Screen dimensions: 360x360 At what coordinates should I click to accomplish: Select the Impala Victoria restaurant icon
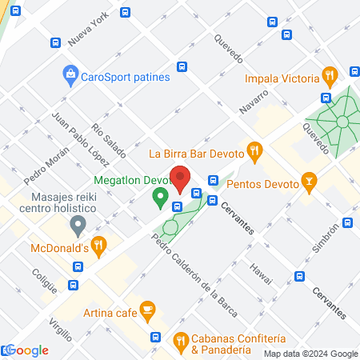click(328, 76)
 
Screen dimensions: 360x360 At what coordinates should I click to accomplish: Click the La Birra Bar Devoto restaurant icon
click(254, 149)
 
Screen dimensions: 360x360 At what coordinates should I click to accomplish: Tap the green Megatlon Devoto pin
click(161, 195)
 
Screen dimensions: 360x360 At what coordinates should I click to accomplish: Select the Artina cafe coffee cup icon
click(146, 308)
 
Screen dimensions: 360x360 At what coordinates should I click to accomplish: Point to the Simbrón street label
click(331, 238)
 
